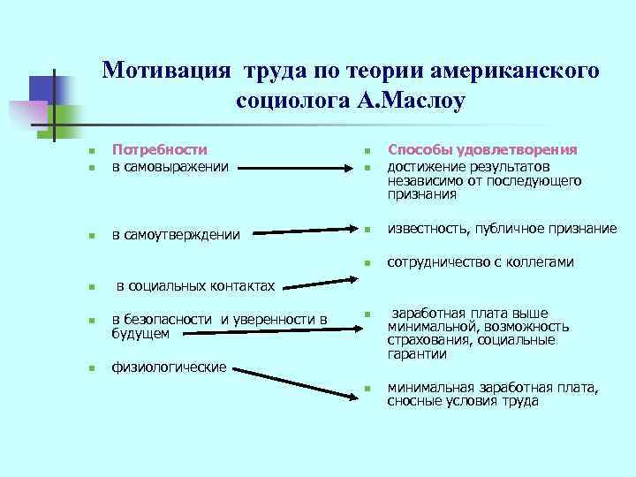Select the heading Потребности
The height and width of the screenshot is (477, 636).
click(x=160, y=150)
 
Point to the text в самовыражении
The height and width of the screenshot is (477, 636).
click(x=170, y=165)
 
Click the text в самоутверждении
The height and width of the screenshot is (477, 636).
click(x=176, y=234)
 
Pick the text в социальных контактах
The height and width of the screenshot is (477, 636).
click(x=195, y=286)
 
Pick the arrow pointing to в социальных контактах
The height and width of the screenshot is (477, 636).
click(x=318, y=281)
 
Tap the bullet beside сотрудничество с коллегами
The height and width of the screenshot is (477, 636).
click(x=367, y=263)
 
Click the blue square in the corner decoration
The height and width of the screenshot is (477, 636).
click(x=43, y=89)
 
